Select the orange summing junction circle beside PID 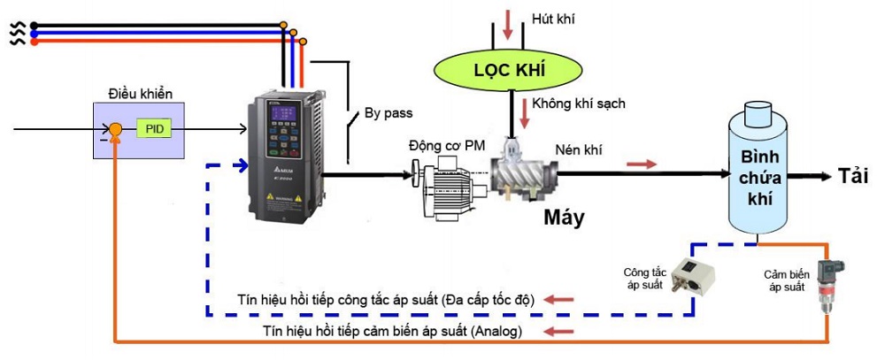click(115, 130)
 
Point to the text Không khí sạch click(579, 103)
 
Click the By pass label click(389, 114)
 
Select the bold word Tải click(852, 177)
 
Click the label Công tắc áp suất click(643, 278)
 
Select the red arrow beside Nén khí click(643, 164)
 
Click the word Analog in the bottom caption click(496, 332)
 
